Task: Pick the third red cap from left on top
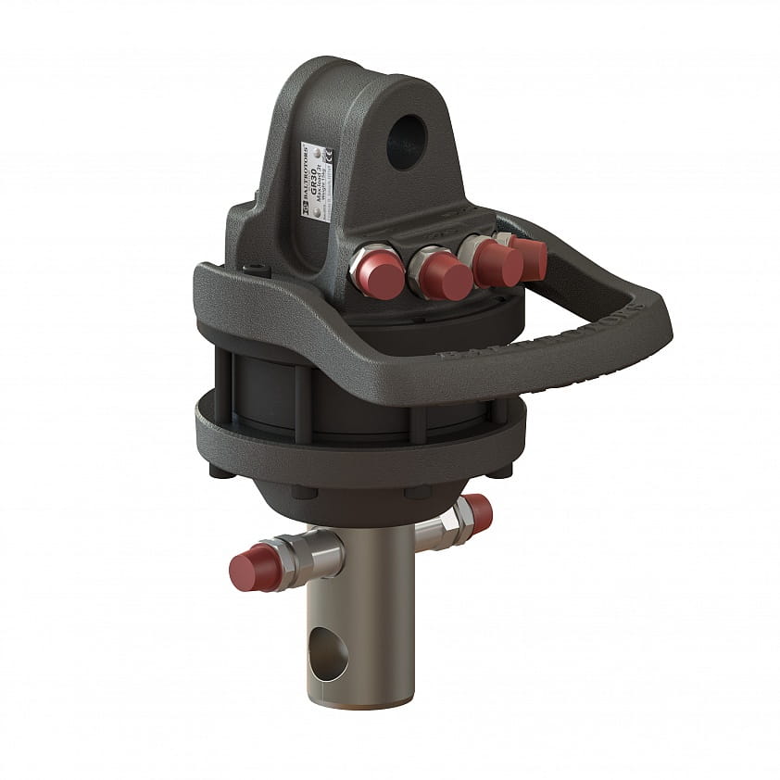498,263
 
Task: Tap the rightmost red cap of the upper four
530,256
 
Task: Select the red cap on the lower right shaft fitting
478,511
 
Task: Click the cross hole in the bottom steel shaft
329,654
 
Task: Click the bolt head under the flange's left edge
219,470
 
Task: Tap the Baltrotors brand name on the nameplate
309,180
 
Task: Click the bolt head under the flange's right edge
500,471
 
